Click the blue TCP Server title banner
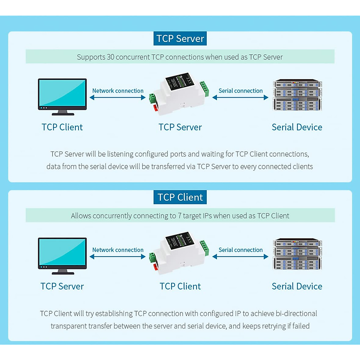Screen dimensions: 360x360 click(180, 39)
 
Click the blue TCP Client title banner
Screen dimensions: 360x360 click(180, 197)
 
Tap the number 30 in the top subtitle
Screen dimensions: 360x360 click(110, 57)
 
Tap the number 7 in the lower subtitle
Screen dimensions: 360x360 click(179, 216)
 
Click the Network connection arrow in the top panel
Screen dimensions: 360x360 click(118, 97)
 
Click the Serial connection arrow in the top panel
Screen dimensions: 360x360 click(240, 97)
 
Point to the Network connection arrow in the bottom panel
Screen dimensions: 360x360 click(118, 256)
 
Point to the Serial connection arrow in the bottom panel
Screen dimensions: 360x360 click(240, 256)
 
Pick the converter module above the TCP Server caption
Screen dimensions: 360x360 click(179, 94)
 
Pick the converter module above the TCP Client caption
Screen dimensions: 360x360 click(179, 253)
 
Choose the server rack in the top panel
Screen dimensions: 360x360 click(297, 95)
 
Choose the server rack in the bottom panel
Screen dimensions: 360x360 click(297, 254)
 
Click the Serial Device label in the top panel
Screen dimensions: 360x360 click(297, 127)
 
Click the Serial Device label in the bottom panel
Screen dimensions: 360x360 click(297, 286)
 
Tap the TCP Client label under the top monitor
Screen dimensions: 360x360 click(62, 127)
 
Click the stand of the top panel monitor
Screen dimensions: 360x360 click(63, 113)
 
